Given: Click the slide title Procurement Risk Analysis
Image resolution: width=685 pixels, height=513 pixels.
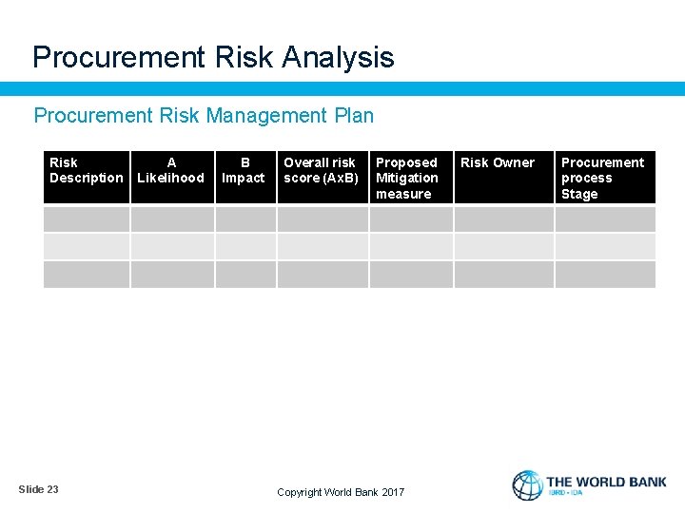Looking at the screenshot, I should tap(213, 58).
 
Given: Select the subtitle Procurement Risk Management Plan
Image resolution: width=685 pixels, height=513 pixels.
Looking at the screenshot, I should tap(204, 116).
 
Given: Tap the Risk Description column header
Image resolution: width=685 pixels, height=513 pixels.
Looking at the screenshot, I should tap(86, 171).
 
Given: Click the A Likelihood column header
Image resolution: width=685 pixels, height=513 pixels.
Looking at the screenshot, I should tap(171, 171).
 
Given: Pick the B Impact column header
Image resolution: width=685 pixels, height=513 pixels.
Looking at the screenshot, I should tap(245, 171).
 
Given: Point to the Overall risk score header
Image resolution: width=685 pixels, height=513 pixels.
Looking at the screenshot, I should tap(321, 171).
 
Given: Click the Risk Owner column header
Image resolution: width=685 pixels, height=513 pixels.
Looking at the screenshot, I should tap(498, 163).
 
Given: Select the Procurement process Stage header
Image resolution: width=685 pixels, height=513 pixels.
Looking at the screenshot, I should tap(602, 179).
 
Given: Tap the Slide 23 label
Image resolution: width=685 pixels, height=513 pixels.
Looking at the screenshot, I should tap(38, 489).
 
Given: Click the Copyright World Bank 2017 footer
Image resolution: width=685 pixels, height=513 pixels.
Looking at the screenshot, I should tap(341, 492).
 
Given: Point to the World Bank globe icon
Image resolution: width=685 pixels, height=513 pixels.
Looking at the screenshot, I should tap(527, 485).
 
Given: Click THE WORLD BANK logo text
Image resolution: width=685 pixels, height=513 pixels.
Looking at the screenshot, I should tap(606, 483).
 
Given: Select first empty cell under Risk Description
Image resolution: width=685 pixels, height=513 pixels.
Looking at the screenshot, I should tap(87, 219).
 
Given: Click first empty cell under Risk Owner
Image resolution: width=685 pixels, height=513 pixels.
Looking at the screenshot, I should tap(503, 219).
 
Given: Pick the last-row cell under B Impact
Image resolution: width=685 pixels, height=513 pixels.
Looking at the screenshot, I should tap(245, 275).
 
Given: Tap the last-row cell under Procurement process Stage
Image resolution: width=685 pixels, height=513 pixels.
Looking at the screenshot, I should tap(605, 275).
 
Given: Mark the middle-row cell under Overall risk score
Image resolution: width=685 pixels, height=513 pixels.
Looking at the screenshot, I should tap(322, 247).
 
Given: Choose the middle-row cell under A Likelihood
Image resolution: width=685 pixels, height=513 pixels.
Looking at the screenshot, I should tap(172, 247).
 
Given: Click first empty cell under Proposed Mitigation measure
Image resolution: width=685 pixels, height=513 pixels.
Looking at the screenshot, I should tap(411, 219).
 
